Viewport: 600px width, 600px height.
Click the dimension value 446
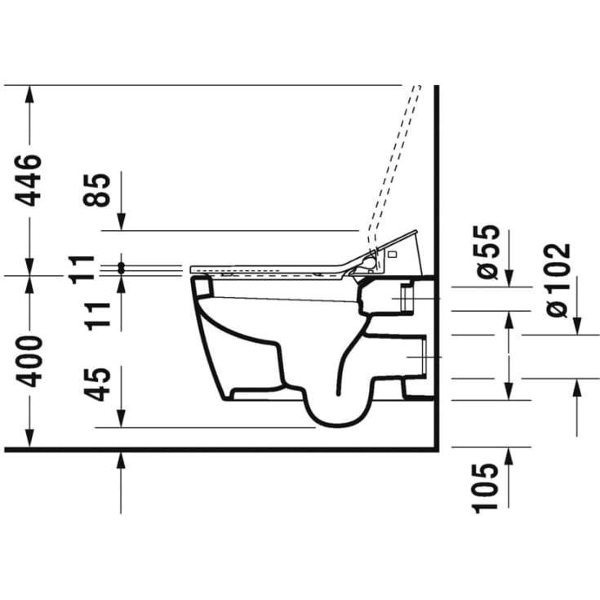point(28,180)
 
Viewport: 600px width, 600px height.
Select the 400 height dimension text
point(28,361)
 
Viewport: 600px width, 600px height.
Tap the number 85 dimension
point(97,190)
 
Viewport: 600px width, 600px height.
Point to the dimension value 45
point(97,384)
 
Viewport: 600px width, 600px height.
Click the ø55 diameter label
point(486,251)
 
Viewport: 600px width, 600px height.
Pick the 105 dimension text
point(485,488)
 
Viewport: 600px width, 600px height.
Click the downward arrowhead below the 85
point(121,221)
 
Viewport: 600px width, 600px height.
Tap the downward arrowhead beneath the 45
point(121,418)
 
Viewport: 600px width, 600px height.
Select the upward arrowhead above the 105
point(509,456)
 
